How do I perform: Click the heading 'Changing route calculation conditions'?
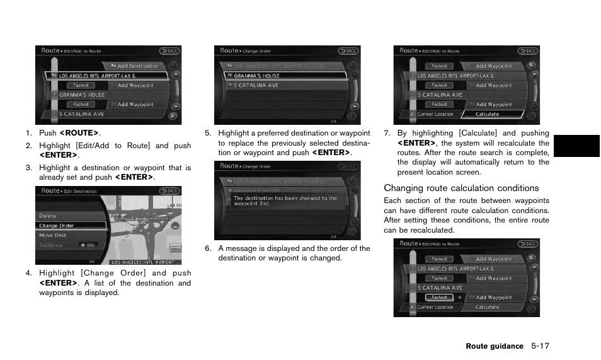point(461,188)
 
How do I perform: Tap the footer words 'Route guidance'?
point(495,346)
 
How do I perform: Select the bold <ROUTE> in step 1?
point(79,133)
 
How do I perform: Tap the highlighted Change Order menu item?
point(57,225)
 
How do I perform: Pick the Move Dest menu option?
point(53,235)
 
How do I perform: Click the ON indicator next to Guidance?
point(89,245)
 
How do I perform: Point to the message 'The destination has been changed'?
point(285,200)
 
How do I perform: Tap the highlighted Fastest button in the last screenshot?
point(439,298)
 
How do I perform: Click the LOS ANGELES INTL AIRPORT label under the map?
point(145,262)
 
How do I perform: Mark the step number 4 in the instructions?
point(28,273)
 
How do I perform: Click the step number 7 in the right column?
point(387,133)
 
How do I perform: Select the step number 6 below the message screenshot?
point(207,248)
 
